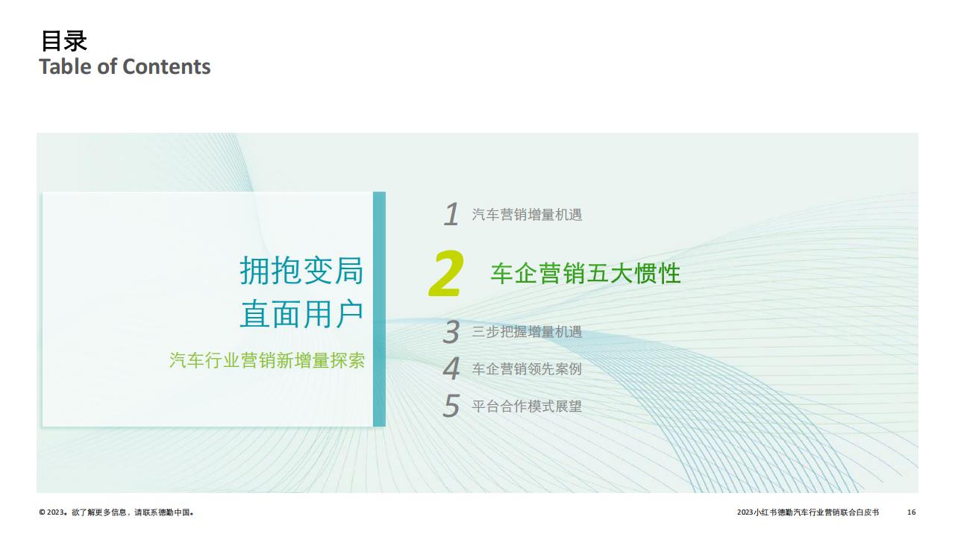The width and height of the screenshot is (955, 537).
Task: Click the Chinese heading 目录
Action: click(x=64, y=41)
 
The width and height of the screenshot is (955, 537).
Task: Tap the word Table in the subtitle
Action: click(x=66, y=67)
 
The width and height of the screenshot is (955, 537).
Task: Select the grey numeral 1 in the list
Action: click(x=451, y=214)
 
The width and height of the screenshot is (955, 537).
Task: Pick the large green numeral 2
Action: click(x=446, y=273)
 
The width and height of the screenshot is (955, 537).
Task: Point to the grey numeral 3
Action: click(x=451, y=332)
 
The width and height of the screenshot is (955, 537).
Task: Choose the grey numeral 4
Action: click(x=451, y=368)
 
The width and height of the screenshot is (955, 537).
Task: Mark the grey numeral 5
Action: click(x=451, y=405)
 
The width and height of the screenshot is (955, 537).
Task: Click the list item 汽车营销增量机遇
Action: click(x=527, y=214)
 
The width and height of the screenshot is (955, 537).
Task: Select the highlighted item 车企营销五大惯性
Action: click(x=586, y=273)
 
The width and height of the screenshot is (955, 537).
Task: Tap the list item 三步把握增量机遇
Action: click(x=527, y=332)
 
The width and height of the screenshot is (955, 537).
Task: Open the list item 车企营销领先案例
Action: click(x=527, y=368)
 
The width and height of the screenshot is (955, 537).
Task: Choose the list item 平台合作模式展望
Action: click(x=527, y=406)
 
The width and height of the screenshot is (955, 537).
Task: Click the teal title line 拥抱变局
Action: click(x=301, y=270)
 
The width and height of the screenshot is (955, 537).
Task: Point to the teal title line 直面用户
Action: click(x=301, y=314)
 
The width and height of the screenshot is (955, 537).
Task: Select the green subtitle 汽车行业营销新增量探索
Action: click(x=267, y=360)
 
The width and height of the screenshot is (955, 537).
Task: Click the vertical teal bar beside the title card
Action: click(x=380, y=309)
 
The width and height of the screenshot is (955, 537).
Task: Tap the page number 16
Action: click(x=911, y=512)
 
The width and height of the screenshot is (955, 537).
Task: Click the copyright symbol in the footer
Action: click(x=42, y=512)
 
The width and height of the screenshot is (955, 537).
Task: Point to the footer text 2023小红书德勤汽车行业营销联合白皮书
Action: click(x=808, y=512)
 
